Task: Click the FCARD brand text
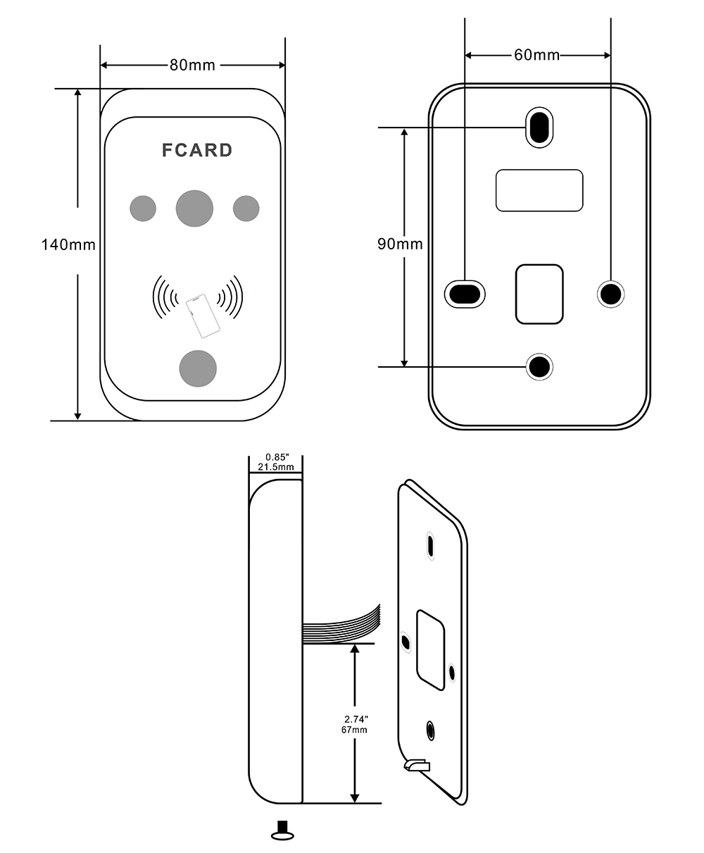(197, 150)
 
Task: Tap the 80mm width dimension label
(192, 66)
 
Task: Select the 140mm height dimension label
(68, 245)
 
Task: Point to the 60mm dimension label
(536, 55)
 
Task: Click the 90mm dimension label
(400, 244)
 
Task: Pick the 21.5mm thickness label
(275, 467)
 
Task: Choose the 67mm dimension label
(356, 730)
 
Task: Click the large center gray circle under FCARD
(194, 208)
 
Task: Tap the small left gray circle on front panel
(142, 208)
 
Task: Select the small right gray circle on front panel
(246, 208)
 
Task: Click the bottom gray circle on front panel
(198, 368)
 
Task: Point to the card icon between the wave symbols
(203, 316)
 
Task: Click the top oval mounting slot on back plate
(539, 127)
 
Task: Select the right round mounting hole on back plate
(610, 292)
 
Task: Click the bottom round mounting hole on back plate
(540, 366)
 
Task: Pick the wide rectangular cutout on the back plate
(539, 190)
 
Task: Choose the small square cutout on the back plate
(539, 294)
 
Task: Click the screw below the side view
(282, 830)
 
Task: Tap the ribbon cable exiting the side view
(341, 625)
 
